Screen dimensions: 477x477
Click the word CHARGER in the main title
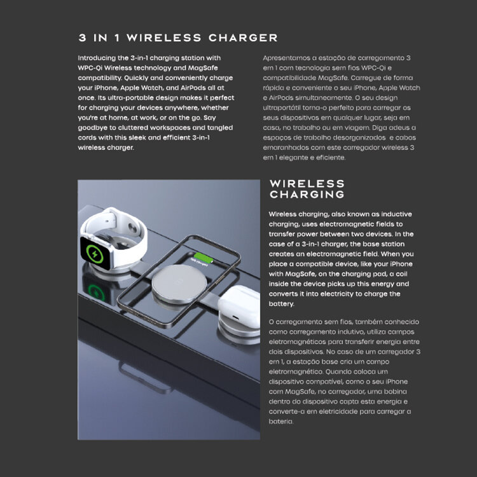[x=243, y=38]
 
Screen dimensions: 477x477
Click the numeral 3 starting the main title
[x=82, y=38]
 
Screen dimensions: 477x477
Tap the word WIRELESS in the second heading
[x=307, y=183]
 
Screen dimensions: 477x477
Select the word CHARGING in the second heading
[x=307, y=194]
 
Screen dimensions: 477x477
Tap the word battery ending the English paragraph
[x=281, y=304]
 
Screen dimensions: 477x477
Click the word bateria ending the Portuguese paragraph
[x=280, y=421]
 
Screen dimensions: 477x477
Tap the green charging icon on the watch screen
[x=95, y=253]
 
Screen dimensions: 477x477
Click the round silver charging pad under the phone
[x=179, y=284]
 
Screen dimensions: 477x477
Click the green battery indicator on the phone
[x=204, y=258]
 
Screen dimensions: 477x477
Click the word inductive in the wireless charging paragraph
[x=396, y=214]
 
